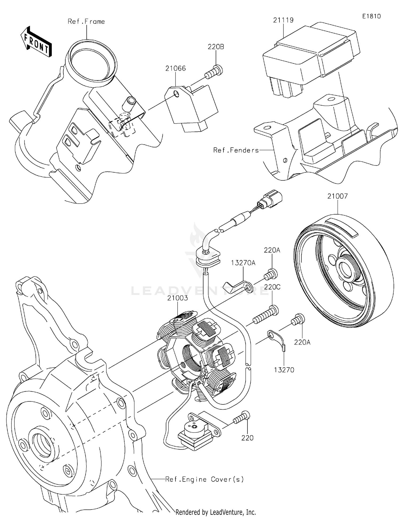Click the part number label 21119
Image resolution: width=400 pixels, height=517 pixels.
click(283, 20)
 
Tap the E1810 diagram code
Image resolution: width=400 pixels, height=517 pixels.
click(371, 16)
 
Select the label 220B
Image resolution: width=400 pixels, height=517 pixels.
click(216, 47)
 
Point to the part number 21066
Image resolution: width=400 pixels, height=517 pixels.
click(175, 68)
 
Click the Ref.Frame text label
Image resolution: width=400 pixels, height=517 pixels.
click(86, 22)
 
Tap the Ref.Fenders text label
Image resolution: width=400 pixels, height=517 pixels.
click(236, 150)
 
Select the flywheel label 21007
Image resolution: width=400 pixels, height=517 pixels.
click(337, 196)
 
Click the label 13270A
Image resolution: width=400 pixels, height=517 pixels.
click(243, 263)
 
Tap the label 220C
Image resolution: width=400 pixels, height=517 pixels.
click(272, 287)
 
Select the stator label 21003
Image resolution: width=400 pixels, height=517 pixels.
click(177, 298)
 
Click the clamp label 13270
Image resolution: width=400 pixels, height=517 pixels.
click(284, 370)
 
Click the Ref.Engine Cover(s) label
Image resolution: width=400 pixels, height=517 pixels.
click(205, 479)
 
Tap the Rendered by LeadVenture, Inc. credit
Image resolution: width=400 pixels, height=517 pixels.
click(215, 512)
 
